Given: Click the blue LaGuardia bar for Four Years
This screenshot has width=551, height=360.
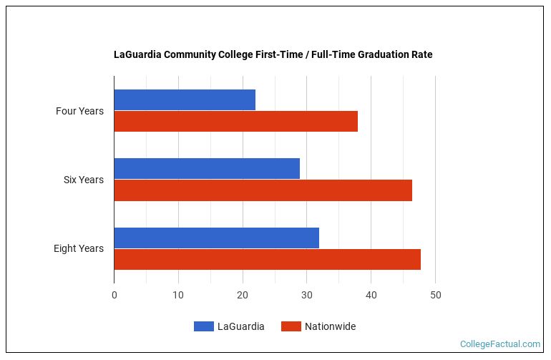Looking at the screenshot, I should point(185,100).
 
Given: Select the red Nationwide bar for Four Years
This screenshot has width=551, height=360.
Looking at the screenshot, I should point(235,122).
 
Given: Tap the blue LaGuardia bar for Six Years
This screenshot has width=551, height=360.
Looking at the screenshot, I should point(207,169).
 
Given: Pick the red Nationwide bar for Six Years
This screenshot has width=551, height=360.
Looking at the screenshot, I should point(263,190).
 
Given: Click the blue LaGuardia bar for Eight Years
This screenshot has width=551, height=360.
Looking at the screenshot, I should point(216,238).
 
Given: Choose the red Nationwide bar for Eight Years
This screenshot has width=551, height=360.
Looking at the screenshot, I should point(267,259).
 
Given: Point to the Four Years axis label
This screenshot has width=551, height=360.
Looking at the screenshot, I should point(79,111).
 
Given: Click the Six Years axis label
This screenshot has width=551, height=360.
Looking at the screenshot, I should point(83,180).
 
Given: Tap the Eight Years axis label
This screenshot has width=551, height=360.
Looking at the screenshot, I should point(78,248).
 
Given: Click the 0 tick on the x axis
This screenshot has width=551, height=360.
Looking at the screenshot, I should point(114,294).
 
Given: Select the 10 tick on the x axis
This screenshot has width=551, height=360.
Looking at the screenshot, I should point(178,294).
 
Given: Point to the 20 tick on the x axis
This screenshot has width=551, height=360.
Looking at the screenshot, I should point(243,294).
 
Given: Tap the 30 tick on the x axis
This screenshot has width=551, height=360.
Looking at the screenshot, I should point(306,294).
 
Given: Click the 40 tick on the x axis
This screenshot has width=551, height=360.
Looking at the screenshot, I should point(371,294).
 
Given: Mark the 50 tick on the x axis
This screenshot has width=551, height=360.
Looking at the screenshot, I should point(435,294).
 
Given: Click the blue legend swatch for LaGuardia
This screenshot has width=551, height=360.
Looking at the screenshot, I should point(203,326).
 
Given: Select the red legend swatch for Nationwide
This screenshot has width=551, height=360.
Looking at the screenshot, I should point(291,326).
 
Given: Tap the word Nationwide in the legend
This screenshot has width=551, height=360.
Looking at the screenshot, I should point(330,326).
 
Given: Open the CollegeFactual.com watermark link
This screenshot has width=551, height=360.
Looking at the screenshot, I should point(499,344).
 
